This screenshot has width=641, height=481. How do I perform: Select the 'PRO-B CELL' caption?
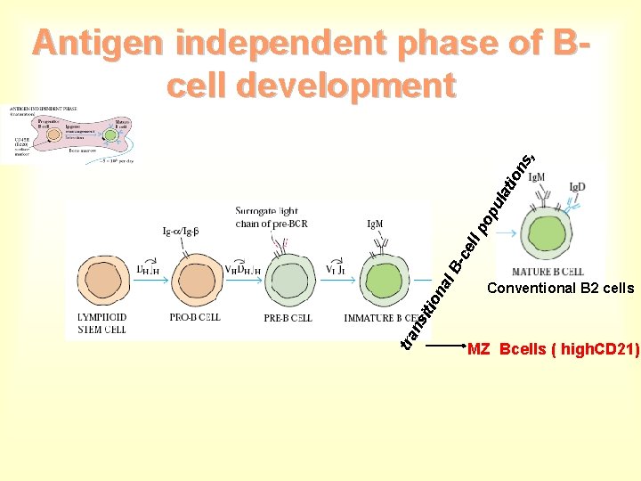[195, 318]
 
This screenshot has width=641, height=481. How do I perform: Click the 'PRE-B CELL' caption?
[286, 318]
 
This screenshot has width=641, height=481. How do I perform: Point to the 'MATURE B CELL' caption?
[548, 272]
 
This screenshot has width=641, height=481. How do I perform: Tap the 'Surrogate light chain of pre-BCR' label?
[272, 217]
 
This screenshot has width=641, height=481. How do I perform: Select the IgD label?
[577, 188]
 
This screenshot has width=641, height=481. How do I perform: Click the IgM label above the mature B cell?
[538, 177]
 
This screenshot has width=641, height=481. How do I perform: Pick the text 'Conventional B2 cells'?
[561, 289]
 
